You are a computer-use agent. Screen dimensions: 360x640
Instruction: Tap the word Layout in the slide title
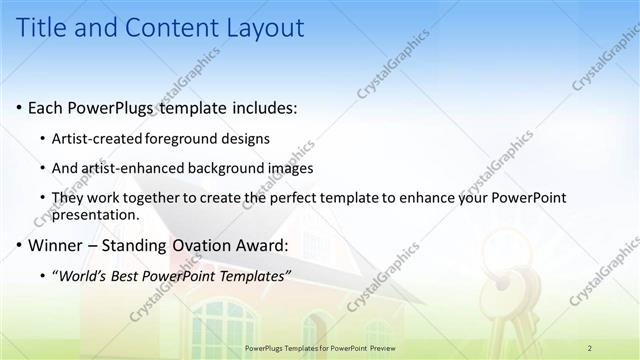point(260,28)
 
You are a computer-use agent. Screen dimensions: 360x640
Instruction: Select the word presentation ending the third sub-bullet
point(96,214)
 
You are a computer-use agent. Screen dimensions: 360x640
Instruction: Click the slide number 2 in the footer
point(590,347)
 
